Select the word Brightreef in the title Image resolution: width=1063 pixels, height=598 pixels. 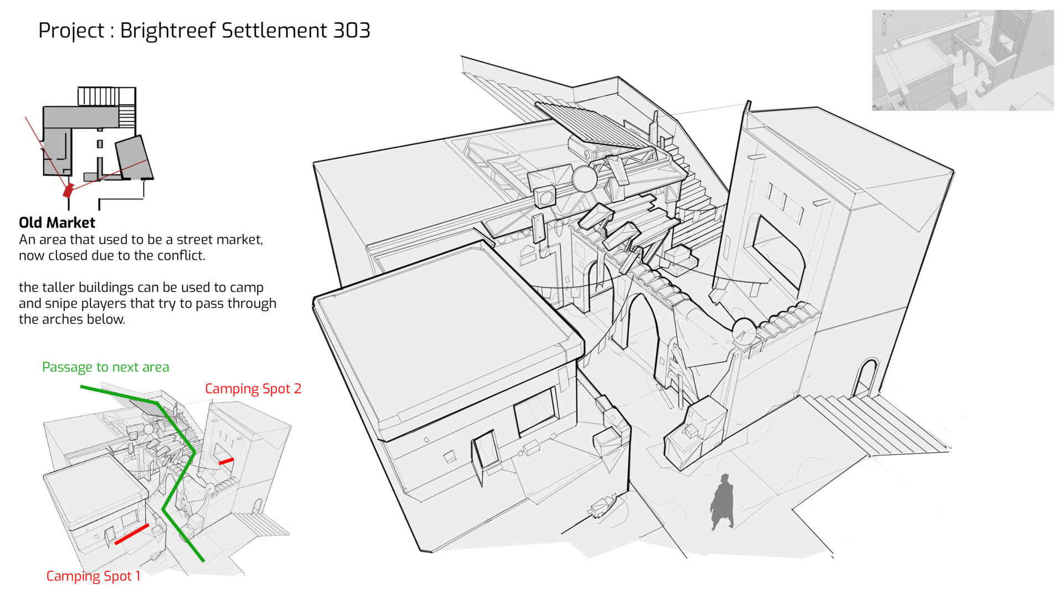click(168, 30)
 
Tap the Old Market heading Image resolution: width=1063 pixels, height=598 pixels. click(56, 223)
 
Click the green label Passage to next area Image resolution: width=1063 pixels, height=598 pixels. click(105, 367)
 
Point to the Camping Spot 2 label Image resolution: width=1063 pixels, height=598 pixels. click(253, 389)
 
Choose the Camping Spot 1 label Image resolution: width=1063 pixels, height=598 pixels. click(93, 576)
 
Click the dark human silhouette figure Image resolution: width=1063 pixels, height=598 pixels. click(722, 502)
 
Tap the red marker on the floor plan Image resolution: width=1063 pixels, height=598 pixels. click(68, 190)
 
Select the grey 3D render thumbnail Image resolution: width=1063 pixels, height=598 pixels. click(962, 60)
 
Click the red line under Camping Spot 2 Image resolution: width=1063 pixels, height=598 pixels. click(226, 461)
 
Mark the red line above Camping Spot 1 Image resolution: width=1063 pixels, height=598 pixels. click(132, 534)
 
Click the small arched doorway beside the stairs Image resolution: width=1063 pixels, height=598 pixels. click(866, 378)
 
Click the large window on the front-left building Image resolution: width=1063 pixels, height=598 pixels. click(535, 411)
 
